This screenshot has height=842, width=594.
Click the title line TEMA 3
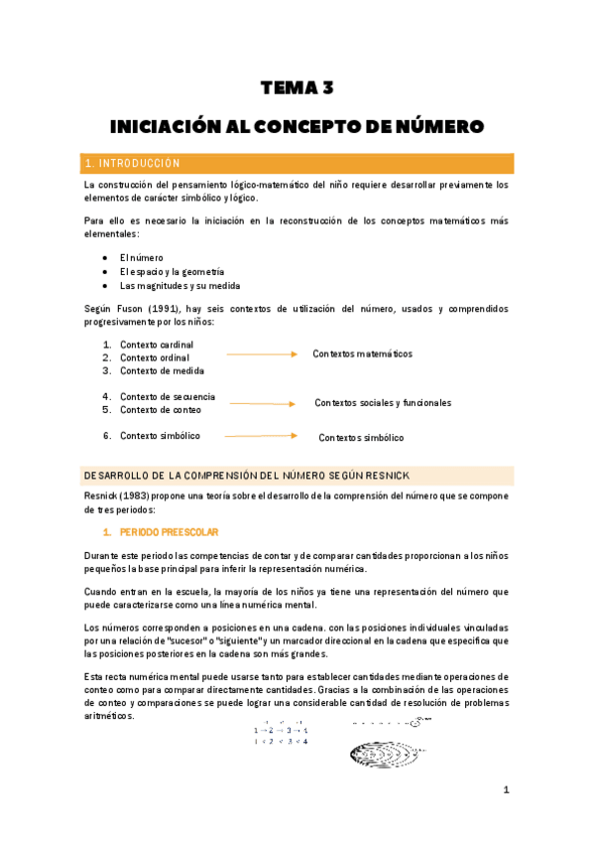tap(297, 88)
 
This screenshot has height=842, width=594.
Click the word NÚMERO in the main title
tap(434, 127)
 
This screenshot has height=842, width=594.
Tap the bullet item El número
tap(141, 257)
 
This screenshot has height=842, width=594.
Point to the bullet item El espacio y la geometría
tap(172, 272)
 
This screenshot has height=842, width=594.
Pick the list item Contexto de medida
tap(162, 371)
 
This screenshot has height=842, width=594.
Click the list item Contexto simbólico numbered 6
tap(160, 436)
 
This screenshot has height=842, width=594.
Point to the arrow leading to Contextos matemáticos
tap(262, 353)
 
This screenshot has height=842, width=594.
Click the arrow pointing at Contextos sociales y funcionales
tap(262, 404)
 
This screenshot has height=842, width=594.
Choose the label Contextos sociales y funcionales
tap(383, 403)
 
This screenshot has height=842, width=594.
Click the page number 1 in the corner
tap(506, 790)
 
